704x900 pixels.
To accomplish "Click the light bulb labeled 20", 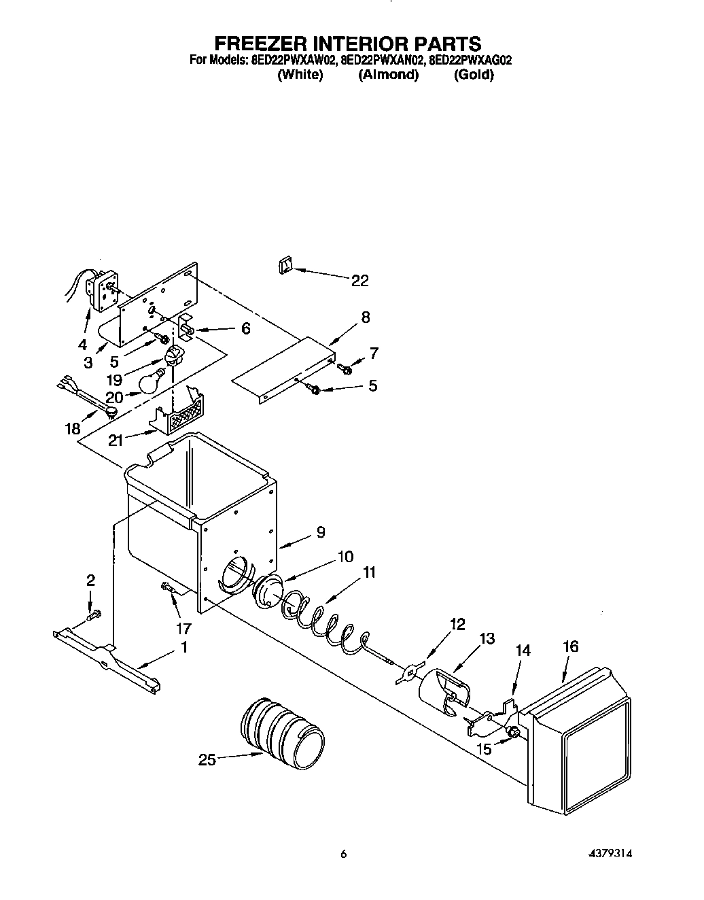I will point(151,382).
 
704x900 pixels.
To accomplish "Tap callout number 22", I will point(360,280).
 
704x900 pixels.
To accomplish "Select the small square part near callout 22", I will point(285,264).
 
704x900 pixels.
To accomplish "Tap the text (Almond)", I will point(388,75).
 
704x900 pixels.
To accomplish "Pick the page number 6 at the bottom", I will point(344,854).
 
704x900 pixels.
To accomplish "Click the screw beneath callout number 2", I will point(93,616).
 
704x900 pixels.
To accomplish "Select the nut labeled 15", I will point(515,732).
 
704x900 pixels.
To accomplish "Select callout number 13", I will point(487,639).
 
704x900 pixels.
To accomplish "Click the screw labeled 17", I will point(166,589).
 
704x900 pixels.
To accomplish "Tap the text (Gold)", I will point(474,75).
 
